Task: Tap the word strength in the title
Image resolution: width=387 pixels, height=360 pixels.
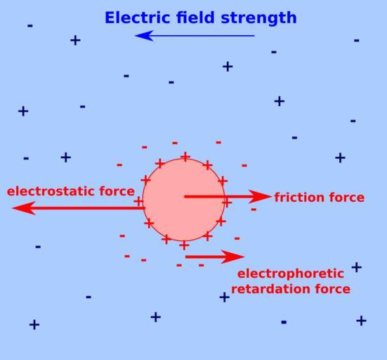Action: [x=258, y=18]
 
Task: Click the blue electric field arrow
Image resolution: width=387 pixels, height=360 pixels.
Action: [x=195, y=36]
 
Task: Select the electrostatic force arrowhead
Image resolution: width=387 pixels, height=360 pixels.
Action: [x=24, y=208]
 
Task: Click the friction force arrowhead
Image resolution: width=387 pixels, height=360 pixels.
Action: [x=260, y=197]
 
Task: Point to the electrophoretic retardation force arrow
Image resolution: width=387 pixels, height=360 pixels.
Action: [x=215, y=257]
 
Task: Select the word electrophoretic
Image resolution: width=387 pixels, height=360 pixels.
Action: [x=291, y=274]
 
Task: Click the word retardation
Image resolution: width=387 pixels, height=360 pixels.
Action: [x=270, y=289]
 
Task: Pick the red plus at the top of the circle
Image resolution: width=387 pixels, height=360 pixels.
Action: [x=185, y=157]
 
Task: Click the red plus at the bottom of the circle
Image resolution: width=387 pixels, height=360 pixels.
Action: [x=184, y=245]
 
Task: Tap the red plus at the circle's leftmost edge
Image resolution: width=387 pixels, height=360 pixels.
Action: [x=138, y=201]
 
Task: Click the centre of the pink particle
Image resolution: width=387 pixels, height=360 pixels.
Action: [x=183, y=200]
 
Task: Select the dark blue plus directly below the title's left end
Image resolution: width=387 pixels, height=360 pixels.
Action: [x=75, y=40]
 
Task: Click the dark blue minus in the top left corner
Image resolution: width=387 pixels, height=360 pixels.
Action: [x=30, y=26]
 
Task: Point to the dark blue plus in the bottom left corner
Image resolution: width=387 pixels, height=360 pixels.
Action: [x=34, y=325]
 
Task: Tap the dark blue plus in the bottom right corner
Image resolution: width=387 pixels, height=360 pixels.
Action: [x=361, y=321]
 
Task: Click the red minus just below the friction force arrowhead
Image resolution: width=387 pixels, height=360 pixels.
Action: [x=254, y=210]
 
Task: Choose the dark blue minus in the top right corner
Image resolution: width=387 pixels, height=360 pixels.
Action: [x=356, y=40]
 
